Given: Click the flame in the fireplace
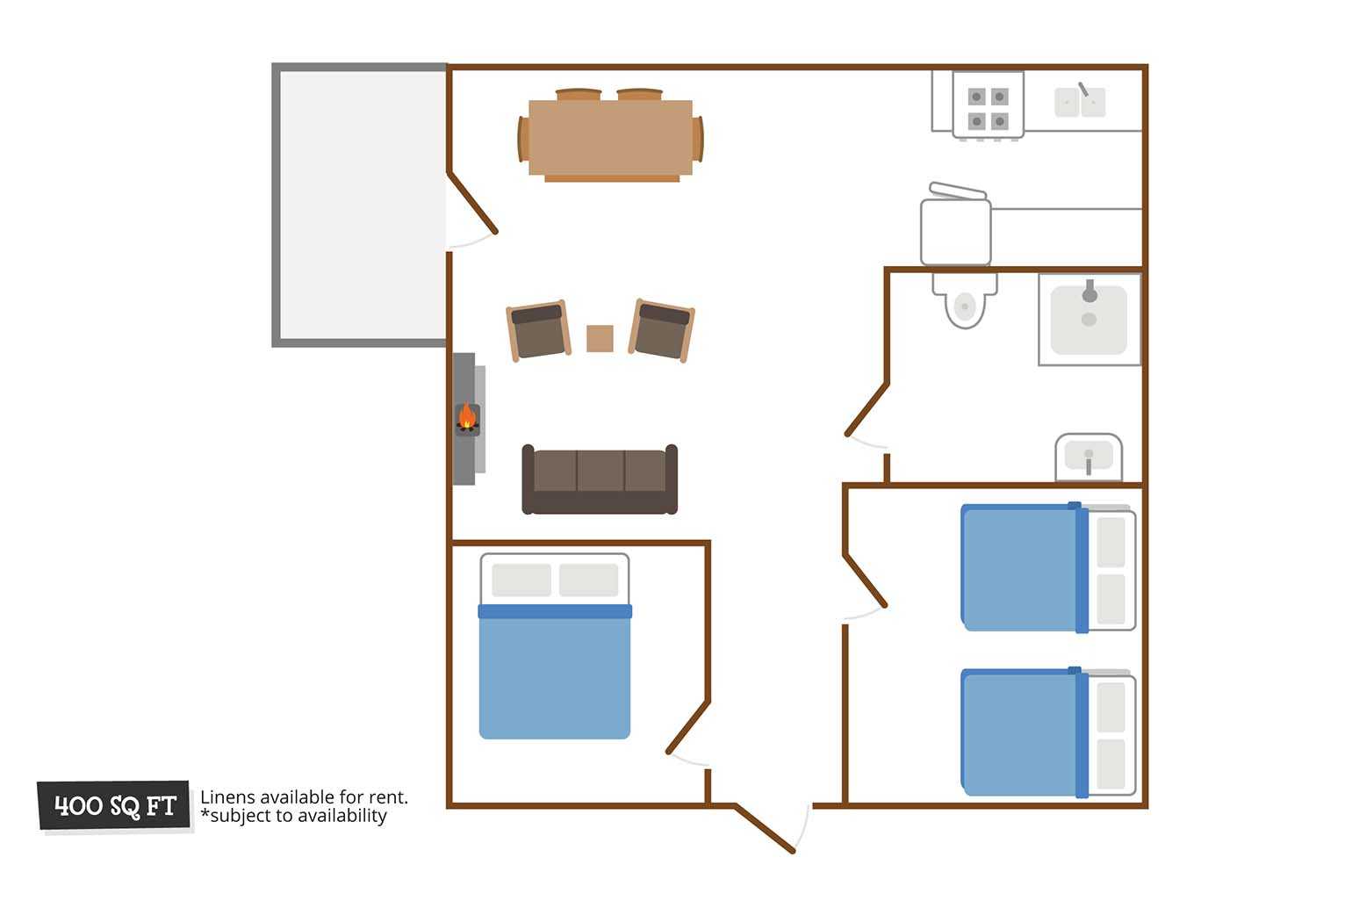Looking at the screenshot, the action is tap(467, 416).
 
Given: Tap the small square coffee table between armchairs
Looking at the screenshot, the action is tap(600, 338).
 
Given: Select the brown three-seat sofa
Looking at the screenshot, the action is tap(600, 479).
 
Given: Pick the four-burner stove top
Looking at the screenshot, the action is tap(988, 105).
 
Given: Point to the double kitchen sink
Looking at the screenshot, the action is tap(1080, 102).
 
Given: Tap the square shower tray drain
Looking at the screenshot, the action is tap(1089, 320).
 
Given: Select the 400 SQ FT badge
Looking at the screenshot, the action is tap(113, 805).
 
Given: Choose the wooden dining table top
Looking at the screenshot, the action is tap(610, 138).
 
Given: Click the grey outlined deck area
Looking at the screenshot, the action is tap(360, 205).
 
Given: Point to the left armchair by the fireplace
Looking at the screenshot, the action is tap(538, 330).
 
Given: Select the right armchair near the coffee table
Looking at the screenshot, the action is tap(662, 330).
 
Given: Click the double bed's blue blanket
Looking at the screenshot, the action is tap(555, 671).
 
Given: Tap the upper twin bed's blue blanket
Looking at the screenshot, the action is tap(1025, 567).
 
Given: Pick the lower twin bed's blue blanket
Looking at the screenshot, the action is tap(1025, 732).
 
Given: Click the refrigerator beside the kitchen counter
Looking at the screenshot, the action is tap(955, 229).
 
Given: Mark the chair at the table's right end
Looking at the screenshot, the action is tap(698, 139).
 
